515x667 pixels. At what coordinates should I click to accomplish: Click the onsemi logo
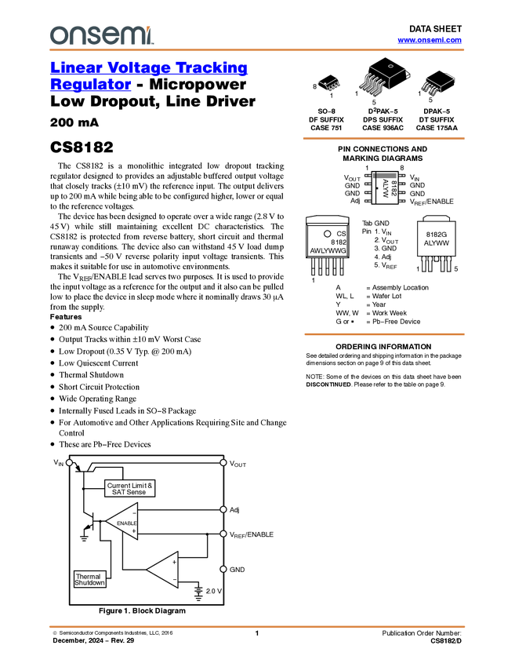pyautogui.click(x=101, y=35)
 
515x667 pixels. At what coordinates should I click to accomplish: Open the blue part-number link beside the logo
pyautogui.click(x=430, y=40)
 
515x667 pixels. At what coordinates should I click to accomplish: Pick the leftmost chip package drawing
pyautogui.click(x=329, y=84)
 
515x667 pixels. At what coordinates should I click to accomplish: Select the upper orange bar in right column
pyautogui.click(x=383, y=138)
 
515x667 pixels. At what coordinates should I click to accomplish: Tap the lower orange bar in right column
pyautogui.click(x=383, y=334)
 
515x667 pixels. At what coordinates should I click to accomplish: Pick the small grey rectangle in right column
pyautogui.click(x=384, y=177)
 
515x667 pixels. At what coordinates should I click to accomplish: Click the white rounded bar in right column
pyautogui.click(x=436, y=218)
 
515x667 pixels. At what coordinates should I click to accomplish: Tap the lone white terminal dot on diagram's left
pyautogui.click(x=69, y=463)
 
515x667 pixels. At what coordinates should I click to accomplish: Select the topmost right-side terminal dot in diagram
pyautogui.click(x=223, y=463)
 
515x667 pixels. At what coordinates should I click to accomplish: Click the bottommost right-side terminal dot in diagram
pyautogui.click(x=223, y=569)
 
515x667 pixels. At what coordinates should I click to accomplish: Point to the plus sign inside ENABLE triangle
pyautogui.click(x=134, y=531)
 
